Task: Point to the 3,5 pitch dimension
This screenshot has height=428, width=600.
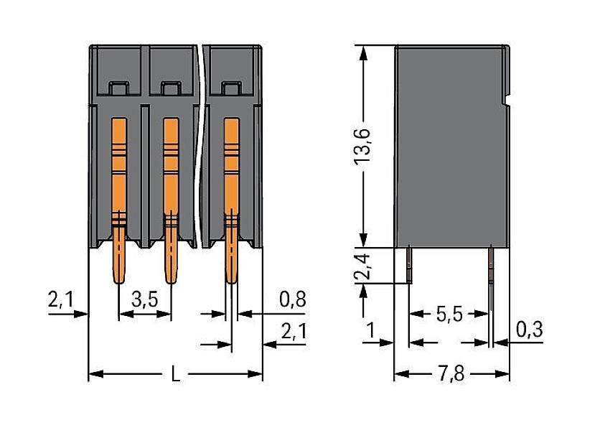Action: click(x=145, y=299)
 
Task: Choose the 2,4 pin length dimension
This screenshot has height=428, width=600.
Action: click(x=366, y=265)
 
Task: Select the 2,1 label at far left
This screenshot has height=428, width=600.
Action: click(x=62, y=299)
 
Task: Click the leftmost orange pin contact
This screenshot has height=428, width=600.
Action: click(x=118, y=194)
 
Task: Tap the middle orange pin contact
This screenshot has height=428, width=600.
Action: click(x=170, y=194)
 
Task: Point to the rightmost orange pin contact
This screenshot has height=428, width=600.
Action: click(x=231, y=194)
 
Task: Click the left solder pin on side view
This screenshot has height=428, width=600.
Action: click(x=409, y=264)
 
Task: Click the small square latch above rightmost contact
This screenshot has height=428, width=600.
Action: click(x=230, y=88)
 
